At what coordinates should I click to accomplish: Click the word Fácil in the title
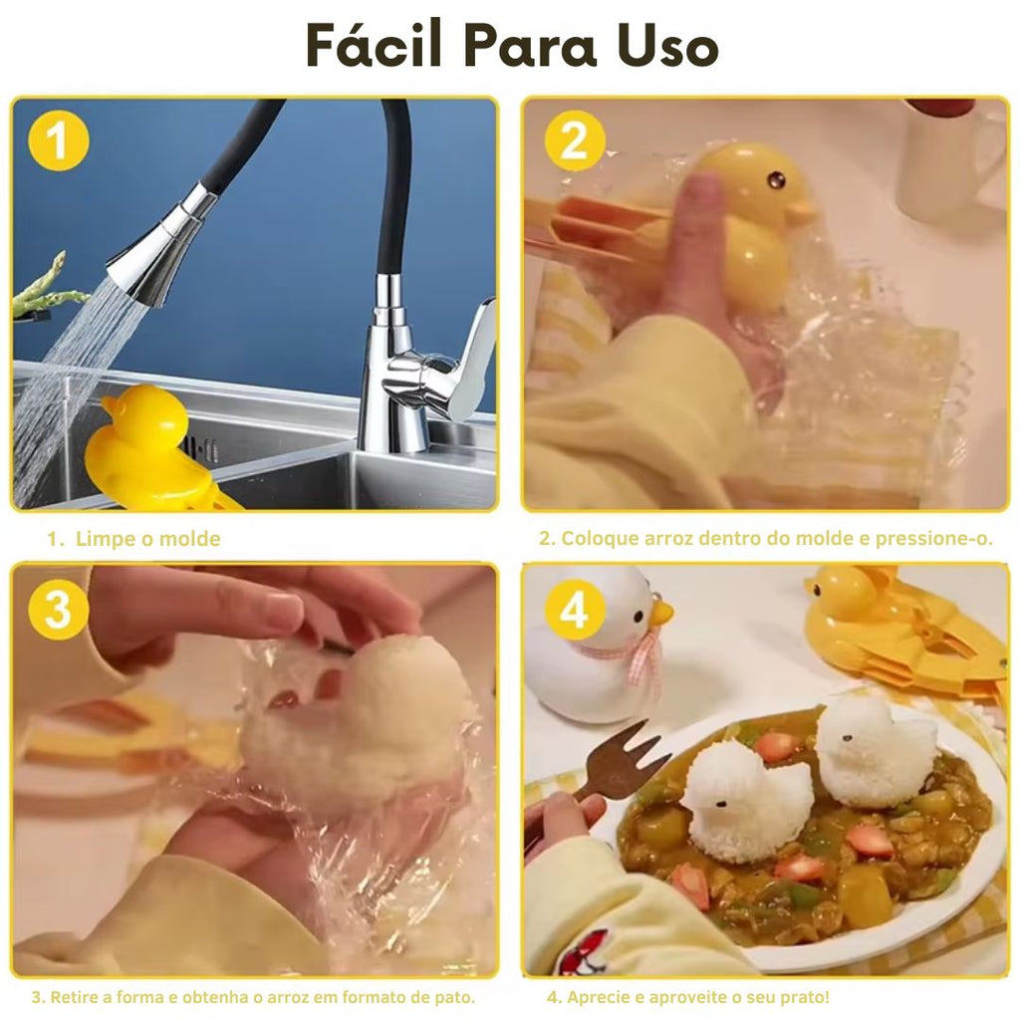tap(375, 44)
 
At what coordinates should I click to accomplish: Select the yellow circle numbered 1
tap(59, 140)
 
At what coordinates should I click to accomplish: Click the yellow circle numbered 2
tap(575, 140)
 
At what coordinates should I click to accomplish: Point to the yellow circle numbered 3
tap(59, 609)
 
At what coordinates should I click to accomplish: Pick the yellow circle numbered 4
tap(575, 609)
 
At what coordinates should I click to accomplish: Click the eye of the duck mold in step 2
tap(775, 178)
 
